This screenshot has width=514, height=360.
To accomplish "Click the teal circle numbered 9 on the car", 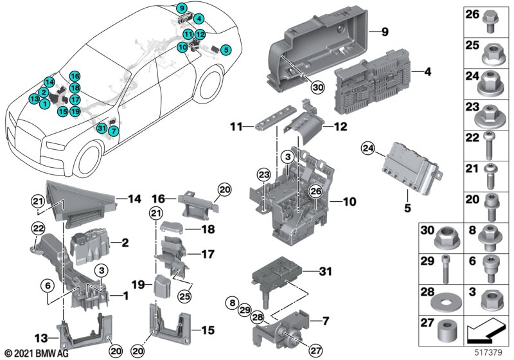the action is (x=182, y=8).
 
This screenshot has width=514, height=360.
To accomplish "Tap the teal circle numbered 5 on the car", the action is (x=226, y=50).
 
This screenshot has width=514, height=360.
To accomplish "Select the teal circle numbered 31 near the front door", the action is (x=102, y=128).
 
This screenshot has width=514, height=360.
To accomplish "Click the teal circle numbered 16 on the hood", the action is (x=75, y=76).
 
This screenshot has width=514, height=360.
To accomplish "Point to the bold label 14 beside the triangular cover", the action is (x=134, y=199).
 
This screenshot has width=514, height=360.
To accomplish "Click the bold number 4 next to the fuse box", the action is (x=427, y=71).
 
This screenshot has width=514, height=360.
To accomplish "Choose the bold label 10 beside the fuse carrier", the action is (x=350, y=201).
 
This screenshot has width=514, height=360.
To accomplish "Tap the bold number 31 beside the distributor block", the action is (x=326, y=271).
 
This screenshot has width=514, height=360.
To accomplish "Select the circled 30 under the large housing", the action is (x=318, y=87).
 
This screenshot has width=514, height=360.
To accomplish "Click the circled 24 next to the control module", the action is (x=368, y=148).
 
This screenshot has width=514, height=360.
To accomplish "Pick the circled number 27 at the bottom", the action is (x=315, y=350).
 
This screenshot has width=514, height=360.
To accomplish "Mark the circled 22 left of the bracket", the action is (x=38, y=228).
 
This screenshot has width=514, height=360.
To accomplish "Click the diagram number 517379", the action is (x=488, y=353).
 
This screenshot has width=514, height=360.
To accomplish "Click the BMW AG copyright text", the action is (x=37, y=354).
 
